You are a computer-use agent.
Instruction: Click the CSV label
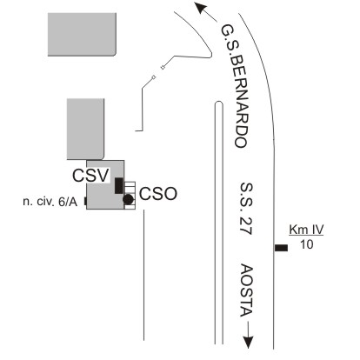click(x=90, y=176)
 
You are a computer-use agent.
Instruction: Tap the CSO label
click(x=158, y=194)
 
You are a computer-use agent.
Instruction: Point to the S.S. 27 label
click(x=246, y=209)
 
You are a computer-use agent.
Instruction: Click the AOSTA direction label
click(x=247, y=290)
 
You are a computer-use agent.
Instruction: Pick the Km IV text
click(x=306, y=230)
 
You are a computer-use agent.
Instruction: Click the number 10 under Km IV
click(x=306, y=244)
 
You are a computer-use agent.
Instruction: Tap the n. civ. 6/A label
click(x=50, y=202)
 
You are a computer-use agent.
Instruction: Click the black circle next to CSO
click(x=128, y=199)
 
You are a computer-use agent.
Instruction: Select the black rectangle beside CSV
click(x=119, y=185)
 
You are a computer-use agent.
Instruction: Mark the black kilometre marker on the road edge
click(x=281, y=248)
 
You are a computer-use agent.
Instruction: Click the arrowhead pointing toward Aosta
click(x=248, y=343)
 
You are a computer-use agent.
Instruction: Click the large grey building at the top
click(x=82, y=34)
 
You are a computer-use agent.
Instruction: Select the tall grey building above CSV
click(x=85, y=129)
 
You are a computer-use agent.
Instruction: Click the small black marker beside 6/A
click(x=85, y=201)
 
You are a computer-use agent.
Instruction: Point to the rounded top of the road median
click(x=219, y=102)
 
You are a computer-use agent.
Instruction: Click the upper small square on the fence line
click(x=163, y=68)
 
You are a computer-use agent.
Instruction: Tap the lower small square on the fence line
click(x=154, y=77)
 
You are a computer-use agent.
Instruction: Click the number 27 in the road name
click(x=246, y=225)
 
